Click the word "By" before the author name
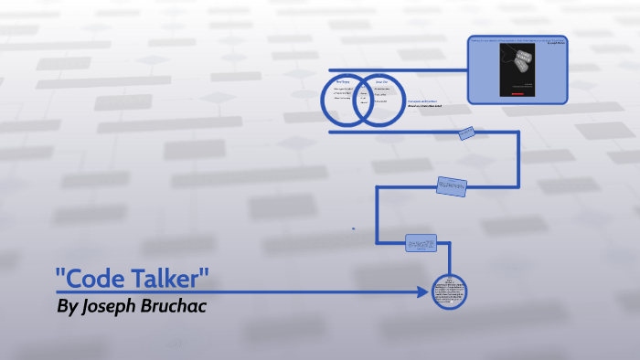pos(67,306)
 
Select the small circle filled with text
pos(449,292)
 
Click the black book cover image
pos(517,69)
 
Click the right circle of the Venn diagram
pos(381,100)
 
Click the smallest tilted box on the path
pos(466,133)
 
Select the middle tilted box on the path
pos(451,185)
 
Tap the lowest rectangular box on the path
pos(421,243)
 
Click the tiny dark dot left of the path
pos(354,228)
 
